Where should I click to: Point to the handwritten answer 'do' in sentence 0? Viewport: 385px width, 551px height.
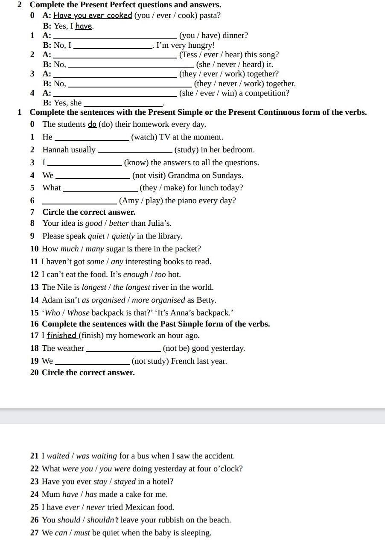[92, 124]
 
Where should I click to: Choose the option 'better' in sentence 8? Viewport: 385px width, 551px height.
[119, 223]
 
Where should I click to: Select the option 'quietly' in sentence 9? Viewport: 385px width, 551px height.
[123, 236]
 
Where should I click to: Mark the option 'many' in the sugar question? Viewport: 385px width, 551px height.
[94, 249]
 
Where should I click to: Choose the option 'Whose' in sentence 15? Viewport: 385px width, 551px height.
[78, 313]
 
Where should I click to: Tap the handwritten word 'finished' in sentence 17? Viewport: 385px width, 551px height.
[62, 335]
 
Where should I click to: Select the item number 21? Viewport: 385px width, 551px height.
[35, 456]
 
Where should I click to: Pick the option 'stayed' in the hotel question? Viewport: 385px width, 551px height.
[125, 481]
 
